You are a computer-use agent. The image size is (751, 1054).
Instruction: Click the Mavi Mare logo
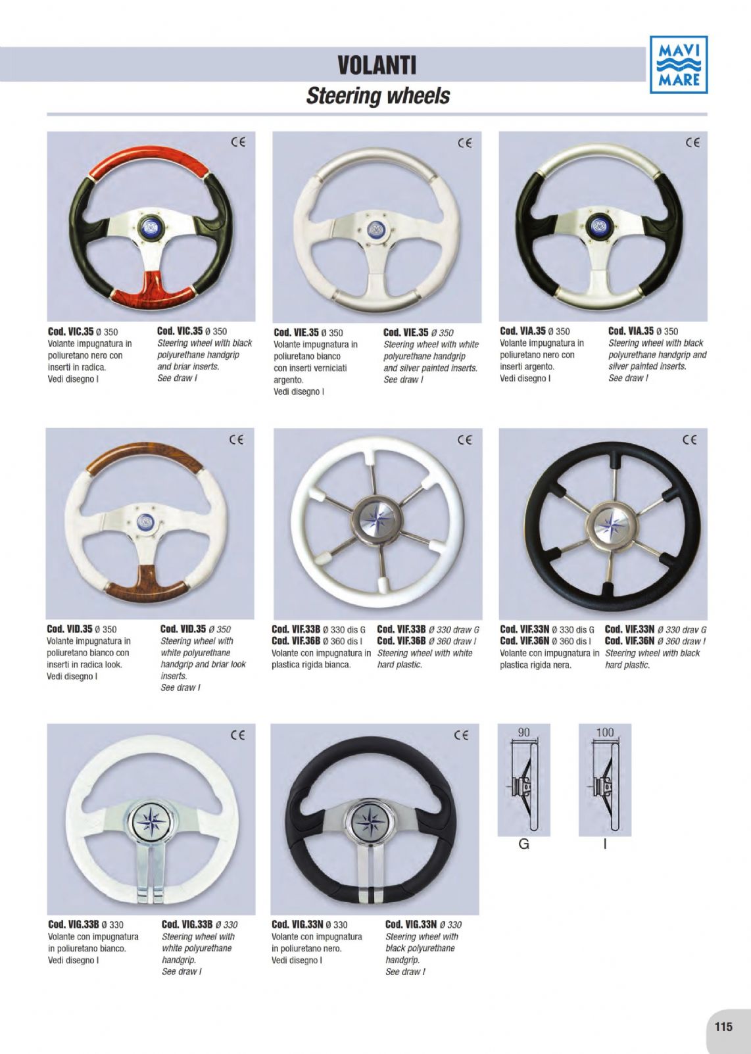click(679, 64)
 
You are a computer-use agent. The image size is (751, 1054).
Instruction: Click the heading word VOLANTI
click(377, 65)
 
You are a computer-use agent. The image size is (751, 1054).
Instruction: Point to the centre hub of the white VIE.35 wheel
click(377, 229)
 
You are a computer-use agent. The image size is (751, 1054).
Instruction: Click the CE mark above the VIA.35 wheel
click(692, 143)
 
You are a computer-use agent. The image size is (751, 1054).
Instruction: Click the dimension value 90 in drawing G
click(523, 732)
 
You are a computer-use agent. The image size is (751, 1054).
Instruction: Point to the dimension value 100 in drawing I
click(605, 732)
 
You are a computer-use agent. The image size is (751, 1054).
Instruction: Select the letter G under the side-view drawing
click(523, 844)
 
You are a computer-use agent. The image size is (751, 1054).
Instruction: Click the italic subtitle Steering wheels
click(378, 96)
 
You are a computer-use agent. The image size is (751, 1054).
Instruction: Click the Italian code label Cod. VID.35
click(70, 629)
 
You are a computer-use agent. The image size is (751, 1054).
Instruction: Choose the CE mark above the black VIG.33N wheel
click(462, 735)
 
